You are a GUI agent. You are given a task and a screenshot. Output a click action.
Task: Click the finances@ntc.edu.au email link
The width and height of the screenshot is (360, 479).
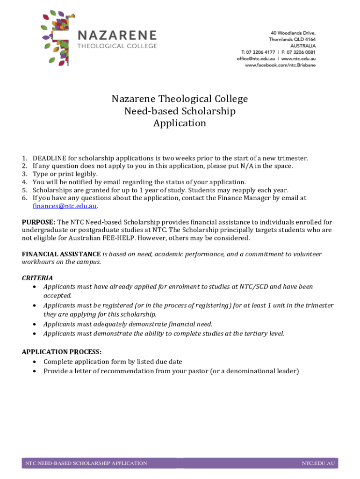(65, 206)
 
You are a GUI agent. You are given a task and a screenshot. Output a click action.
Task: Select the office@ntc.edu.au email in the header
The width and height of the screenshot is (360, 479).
(255, 58)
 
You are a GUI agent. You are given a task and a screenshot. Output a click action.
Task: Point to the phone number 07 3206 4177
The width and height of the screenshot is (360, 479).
(260, 52)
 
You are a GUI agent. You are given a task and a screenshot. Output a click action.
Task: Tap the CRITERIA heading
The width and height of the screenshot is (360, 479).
(37, 278)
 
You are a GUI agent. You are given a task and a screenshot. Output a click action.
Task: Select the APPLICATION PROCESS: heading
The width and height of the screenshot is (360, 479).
(62, 352)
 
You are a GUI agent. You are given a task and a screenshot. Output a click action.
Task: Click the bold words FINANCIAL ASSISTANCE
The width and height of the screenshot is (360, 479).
(61, 254)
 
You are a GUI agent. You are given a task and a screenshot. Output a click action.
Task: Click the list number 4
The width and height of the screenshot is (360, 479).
(24, 182)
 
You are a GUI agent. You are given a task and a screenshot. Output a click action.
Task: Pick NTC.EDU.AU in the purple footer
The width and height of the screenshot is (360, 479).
(318, 463)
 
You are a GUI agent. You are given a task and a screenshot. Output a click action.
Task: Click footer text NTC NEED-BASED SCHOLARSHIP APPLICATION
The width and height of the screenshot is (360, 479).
(86, 463)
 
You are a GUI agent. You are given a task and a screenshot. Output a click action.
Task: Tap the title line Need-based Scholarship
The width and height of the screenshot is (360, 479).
(180, 111)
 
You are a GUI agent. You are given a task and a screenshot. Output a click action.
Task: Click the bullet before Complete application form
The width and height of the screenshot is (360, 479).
(36, 362)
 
